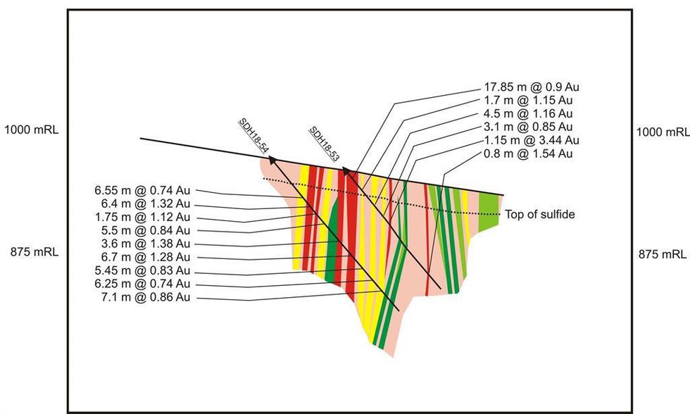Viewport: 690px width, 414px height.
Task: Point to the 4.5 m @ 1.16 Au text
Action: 528,113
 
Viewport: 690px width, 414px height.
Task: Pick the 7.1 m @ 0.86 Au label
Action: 145,297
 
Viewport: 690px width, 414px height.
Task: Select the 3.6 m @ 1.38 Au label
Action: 145,244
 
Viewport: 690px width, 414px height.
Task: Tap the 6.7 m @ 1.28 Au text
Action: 145,257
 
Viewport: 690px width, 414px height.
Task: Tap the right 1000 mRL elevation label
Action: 662,132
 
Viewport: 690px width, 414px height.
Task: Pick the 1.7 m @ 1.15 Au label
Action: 528,101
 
